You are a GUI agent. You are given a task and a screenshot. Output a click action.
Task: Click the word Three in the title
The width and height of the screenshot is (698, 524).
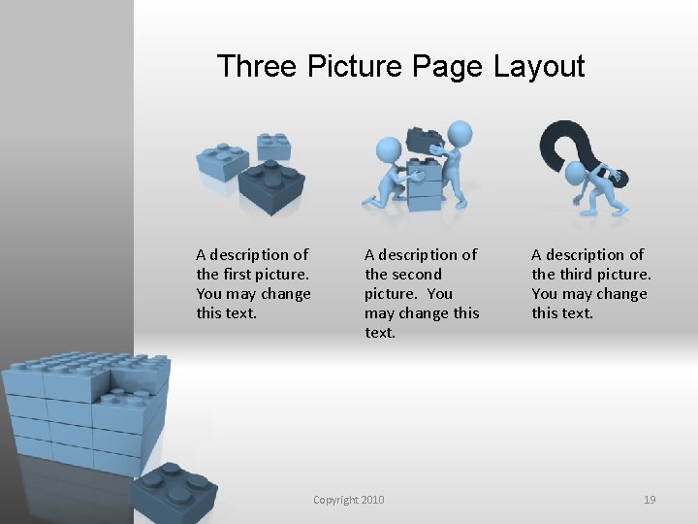257,66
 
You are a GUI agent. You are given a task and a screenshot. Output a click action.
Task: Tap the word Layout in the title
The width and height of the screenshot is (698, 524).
539,67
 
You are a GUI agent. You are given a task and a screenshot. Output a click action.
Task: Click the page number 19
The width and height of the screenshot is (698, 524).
650,500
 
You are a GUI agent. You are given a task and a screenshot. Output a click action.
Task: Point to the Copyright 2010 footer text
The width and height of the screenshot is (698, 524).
349,500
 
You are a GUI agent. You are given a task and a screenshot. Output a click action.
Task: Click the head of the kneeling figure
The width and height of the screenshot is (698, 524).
389,149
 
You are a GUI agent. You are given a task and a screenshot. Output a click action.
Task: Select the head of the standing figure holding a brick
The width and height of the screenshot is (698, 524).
460,134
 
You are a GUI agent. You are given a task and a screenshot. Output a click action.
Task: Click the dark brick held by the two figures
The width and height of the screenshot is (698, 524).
425,140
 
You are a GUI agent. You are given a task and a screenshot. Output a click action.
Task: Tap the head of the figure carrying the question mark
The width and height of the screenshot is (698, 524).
575,173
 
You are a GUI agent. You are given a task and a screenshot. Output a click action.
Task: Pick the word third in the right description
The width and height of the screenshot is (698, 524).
577,274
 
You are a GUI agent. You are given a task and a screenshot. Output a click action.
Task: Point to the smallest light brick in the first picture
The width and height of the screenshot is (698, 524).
273,147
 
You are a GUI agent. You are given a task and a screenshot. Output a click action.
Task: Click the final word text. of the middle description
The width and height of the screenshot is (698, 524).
380,333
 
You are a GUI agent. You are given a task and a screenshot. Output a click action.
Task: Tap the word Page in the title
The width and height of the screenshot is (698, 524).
447,67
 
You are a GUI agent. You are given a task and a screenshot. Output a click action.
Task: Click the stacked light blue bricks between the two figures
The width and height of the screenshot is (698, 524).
425,184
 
